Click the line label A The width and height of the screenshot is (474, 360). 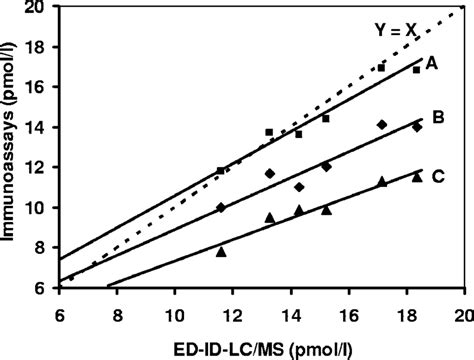[x=434, y=62]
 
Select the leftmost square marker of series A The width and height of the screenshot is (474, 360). [x=221, y=171]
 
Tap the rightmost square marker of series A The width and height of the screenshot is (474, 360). [x=416, y=70]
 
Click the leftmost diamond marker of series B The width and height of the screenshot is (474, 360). [x=221, y=207]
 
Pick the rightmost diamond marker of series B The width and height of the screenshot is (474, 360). [x=417, y=127]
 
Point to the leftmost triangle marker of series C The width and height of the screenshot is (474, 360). [x=221, y=252]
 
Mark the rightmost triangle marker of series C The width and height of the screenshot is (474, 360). [x=417, y=176]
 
